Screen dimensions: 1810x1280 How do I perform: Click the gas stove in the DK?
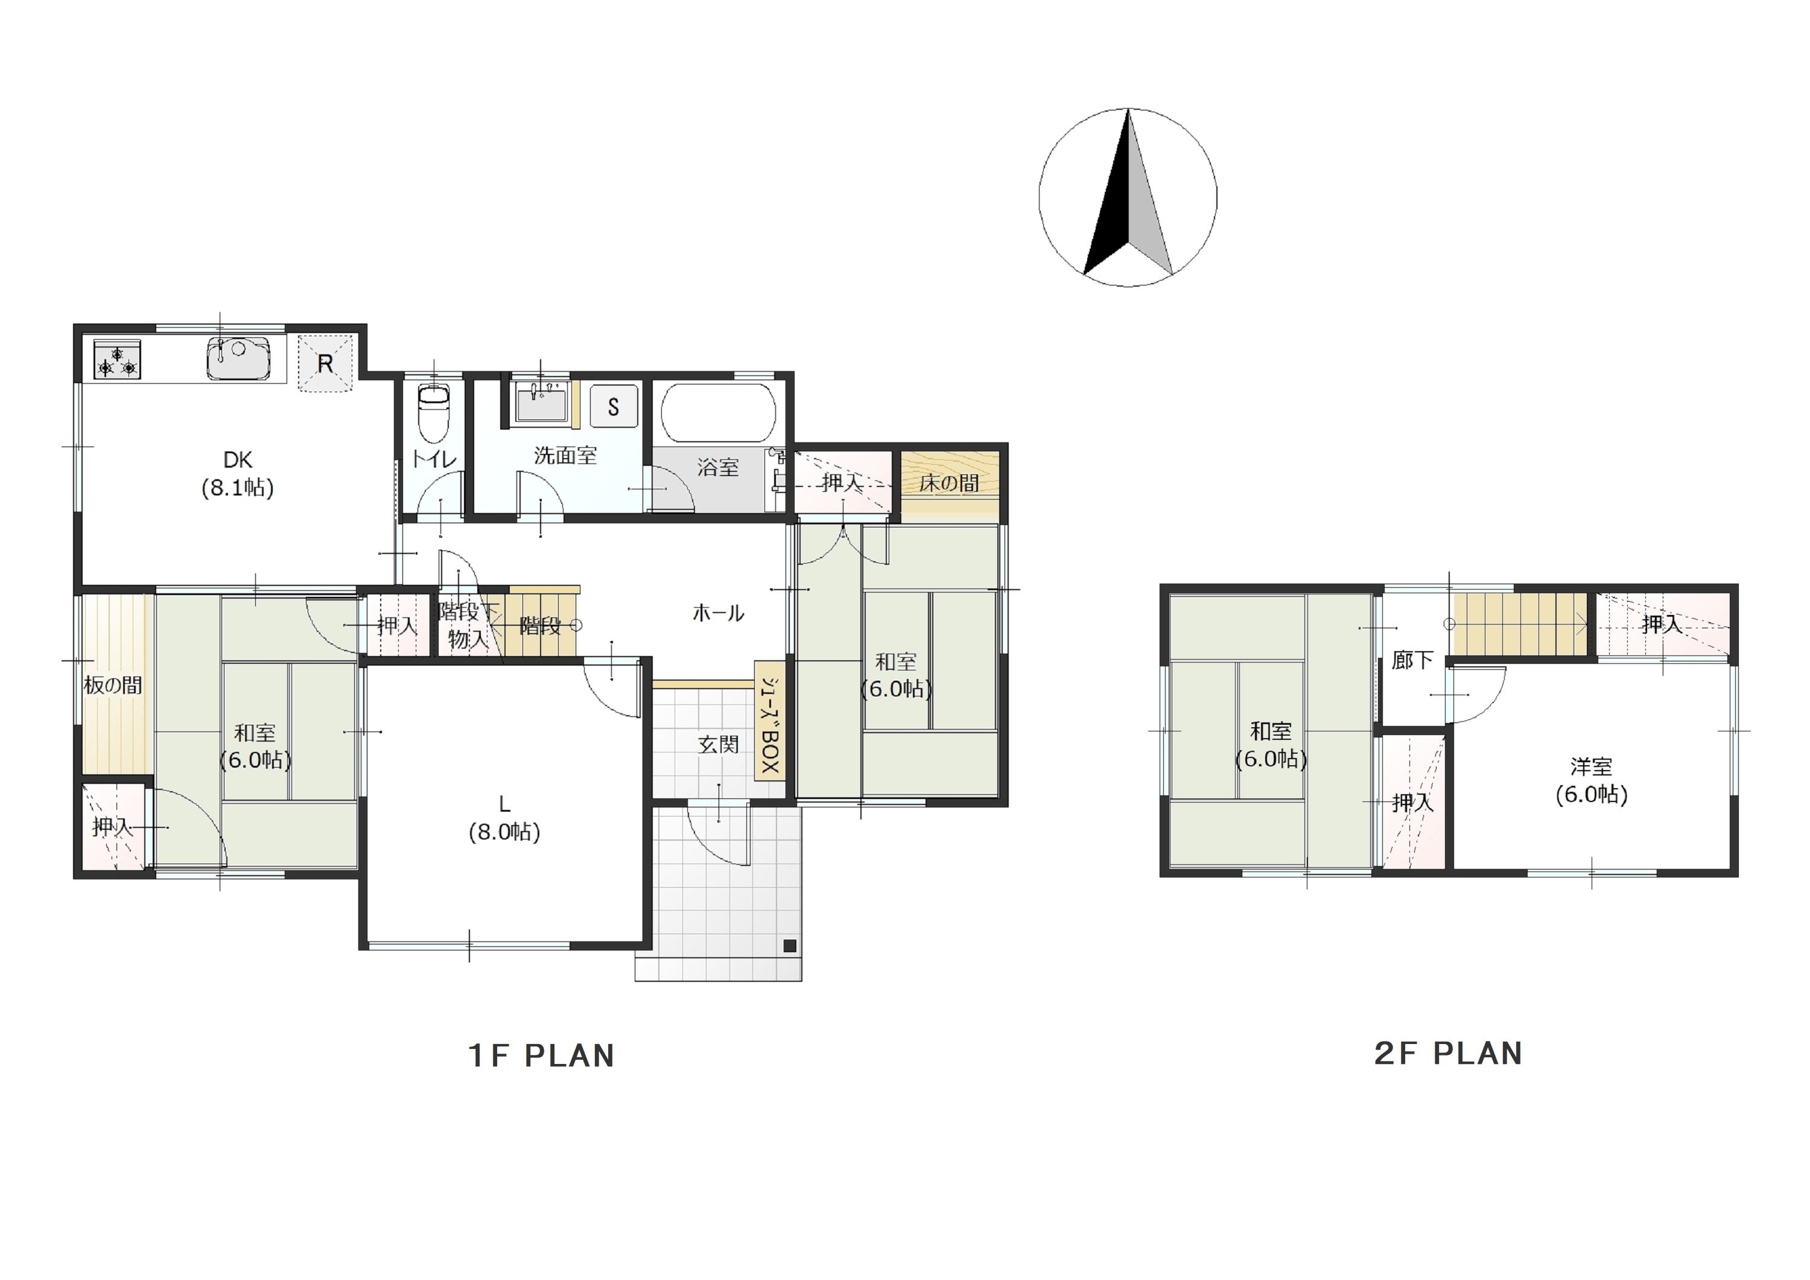click(x=118, y=359)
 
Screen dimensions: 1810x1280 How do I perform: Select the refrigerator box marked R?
click(x=325, y=363)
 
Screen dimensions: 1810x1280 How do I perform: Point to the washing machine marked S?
click(x=614, y=407)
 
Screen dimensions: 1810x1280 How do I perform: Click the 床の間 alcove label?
click(x=949, y=483)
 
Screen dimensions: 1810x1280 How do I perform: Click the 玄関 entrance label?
click(x=718, y=745)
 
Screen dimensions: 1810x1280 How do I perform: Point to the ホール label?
click(x=718, y=613)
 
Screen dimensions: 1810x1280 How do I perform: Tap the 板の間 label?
click(x=113, y=686)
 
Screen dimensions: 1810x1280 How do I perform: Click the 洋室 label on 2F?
click(x=1591, y=766)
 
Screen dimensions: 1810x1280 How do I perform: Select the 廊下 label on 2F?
click(x=1412, y=660)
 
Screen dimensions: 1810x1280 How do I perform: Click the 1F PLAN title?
click(x=542, y=1056)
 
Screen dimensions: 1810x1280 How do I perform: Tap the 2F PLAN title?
click(x=1448, y=1054)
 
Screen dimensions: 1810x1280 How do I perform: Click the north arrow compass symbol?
click(x=1128, y=197)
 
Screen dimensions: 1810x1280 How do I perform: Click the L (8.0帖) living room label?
click(x=504, y=818)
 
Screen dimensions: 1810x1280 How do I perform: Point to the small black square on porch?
click(x=790, y=946)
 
